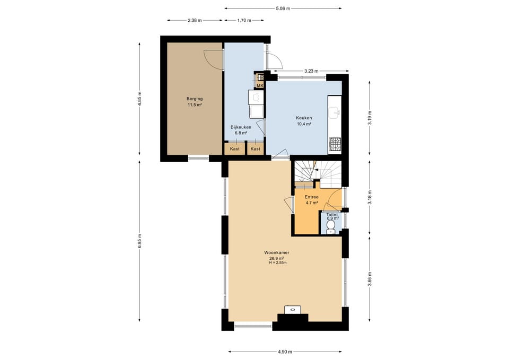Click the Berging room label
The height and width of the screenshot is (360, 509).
(195, 99)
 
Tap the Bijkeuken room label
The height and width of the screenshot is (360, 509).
(241, 127)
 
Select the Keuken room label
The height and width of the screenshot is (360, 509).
(304, 118)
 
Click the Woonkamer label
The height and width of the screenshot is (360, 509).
(277, 252)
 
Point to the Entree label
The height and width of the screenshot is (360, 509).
(311, 197)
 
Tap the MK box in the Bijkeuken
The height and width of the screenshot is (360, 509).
(260, 85)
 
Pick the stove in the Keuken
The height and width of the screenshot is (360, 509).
(335, 145)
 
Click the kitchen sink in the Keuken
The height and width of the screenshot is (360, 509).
(335, 112)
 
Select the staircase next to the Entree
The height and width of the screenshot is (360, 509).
(318, 174)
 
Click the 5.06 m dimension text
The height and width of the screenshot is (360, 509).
(283, 9)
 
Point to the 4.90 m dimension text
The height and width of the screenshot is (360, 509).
(285, 352)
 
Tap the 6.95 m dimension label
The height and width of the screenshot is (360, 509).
(139, 241)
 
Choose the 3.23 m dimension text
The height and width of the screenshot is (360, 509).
(311, 71)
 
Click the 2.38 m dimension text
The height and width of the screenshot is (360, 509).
(195, 21)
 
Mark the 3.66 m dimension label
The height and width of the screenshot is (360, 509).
(370, 279)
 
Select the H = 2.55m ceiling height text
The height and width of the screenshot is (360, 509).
(278, 262)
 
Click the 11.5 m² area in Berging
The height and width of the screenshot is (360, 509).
(195, 105)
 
